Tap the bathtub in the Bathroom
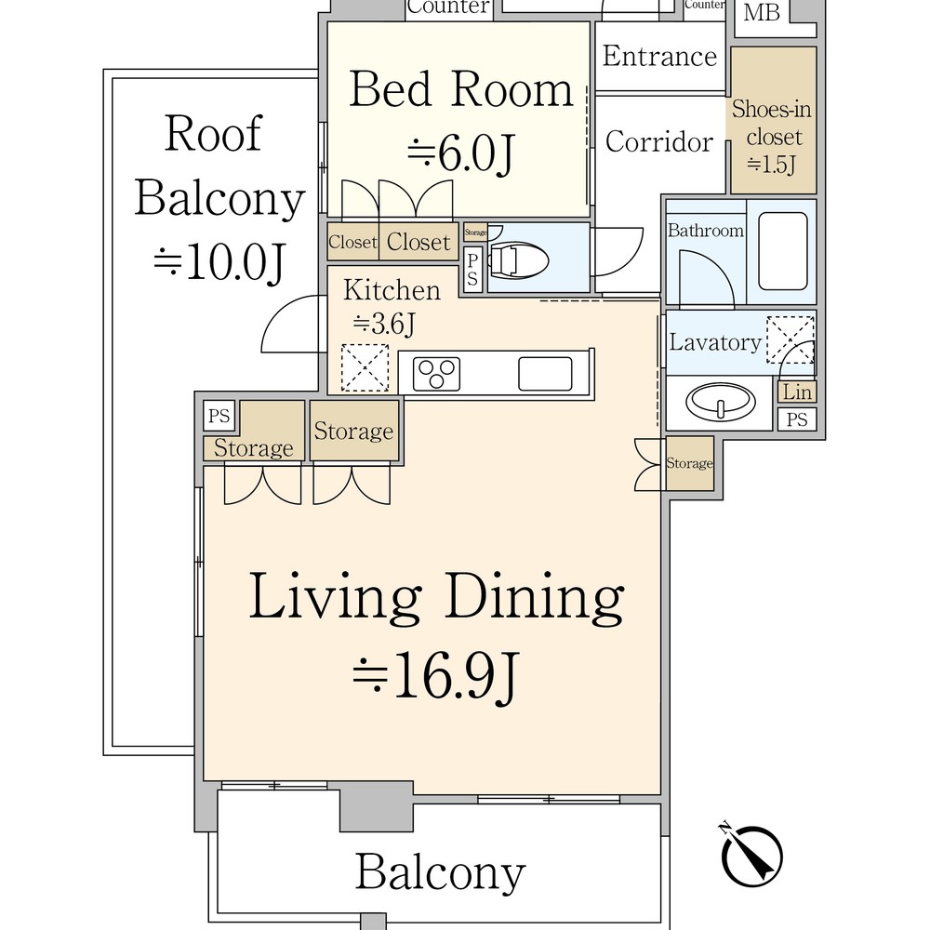click(x=783, y=251)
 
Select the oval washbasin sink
click(x=721, y=402)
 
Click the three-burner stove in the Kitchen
click(x=436, y=374)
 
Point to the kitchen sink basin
click(x=545, y=374)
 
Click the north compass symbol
click(x=751, y=854)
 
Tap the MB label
click(x=762, y=12)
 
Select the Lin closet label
click(x=797, y=392)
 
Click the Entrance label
click(x=659, y=57)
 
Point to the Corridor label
click(x=659, y=141)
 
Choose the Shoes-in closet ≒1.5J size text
click(x=771, y=165)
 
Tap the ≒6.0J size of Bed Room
click(x=461, y=153)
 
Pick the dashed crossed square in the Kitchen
click(x=365, y=367)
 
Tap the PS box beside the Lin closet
click(x=797, y=419)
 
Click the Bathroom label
click(x=705, y=230)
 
